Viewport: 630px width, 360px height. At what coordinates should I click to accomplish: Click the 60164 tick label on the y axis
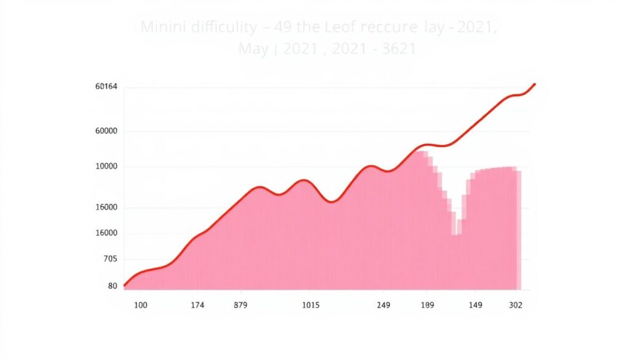coord(106,87)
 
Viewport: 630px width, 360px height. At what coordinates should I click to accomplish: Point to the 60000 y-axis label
coord(106,131)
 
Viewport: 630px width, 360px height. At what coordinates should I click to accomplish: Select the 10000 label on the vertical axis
coord(106,166)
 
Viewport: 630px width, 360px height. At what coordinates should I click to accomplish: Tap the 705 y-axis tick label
coord(109,259)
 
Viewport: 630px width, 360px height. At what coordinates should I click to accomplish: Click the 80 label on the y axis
coord(112,286)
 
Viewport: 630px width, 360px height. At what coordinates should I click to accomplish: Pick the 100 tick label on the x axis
coord(140,305)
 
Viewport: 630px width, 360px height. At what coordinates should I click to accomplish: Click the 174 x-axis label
coord(197,305)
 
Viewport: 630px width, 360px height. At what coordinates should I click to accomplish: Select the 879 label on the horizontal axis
coord(241,305)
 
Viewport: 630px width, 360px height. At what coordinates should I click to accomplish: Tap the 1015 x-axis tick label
coord(311,305)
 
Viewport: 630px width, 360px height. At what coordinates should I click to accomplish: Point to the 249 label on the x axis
coord(383,305)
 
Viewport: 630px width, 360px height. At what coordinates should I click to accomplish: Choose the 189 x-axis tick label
coord(428,305)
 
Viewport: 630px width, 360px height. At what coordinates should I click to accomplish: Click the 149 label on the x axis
coord(476,305)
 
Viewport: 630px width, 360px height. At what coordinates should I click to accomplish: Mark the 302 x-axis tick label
coord(516,305)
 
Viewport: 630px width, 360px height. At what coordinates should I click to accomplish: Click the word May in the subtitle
coord(253,49)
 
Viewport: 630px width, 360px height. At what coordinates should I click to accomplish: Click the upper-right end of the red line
coord(535,84)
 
